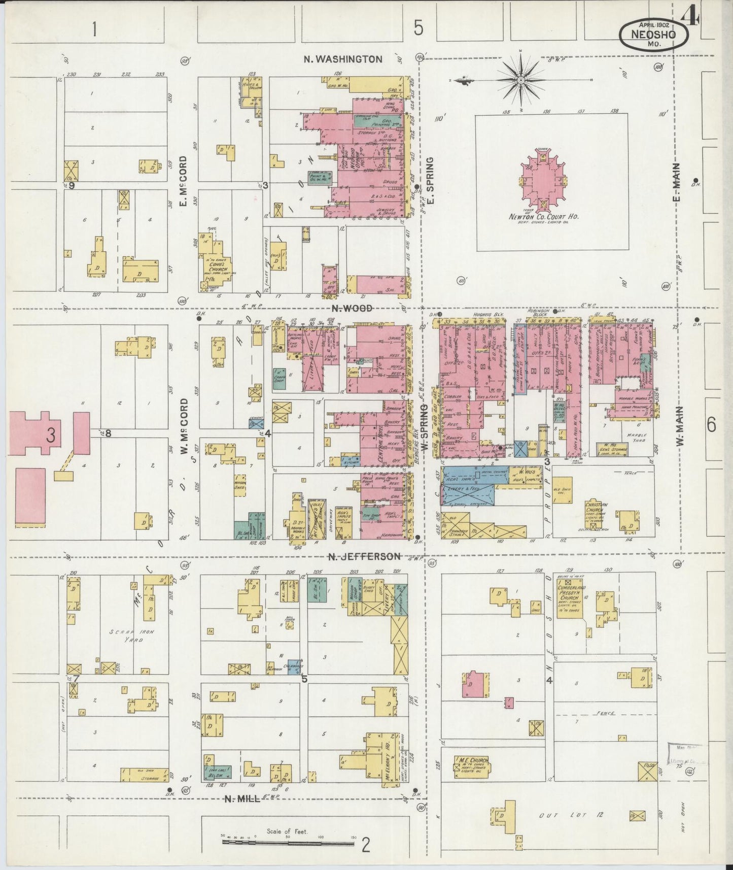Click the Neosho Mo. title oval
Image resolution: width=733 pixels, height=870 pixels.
point(654,34)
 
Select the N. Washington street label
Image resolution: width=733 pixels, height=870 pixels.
point(343,59)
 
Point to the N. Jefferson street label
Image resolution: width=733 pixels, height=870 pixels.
point(364,556)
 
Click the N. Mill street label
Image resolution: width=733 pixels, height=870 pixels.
point(242,798)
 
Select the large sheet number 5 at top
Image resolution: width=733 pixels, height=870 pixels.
point(418,28)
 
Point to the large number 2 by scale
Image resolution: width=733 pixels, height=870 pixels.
point(366,846)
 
